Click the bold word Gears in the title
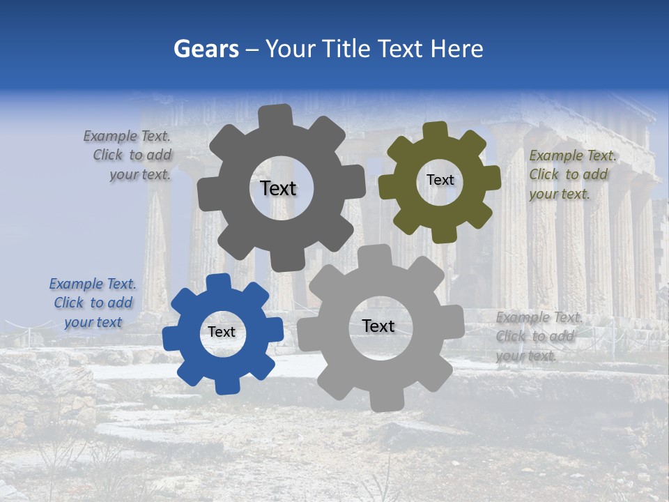coord(206,49)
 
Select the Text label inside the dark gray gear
coord(278,188)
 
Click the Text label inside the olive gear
coord(440,180)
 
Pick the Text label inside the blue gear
coord(222,332)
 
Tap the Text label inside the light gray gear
coord(378,326)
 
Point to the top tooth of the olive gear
coord(436,130)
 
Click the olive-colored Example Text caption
coord(572,175)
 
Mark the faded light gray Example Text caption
coord(538,337)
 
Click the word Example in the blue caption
coord(75,284)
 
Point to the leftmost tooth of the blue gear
coord(171,339)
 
